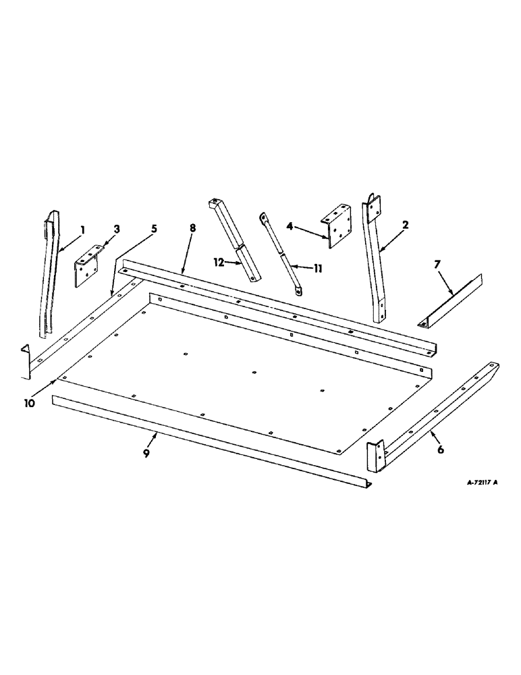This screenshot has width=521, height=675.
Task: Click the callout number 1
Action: tap(82, 230)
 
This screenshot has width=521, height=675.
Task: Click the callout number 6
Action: tap(440, 450)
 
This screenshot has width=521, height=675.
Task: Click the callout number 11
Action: tap(317, 268)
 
